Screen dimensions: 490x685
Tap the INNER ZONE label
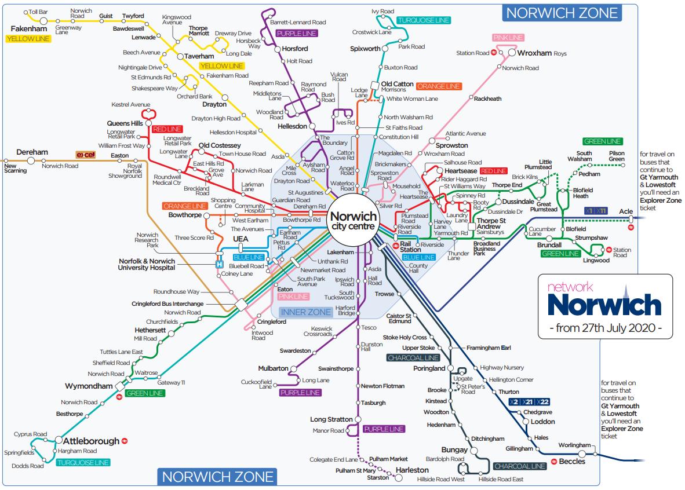point(306,312)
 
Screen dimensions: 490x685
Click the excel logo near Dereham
point(85,155)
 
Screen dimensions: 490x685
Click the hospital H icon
point(219,264)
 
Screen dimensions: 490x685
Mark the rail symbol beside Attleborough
point(125,441)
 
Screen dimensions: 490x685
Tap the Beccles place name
point(572,462)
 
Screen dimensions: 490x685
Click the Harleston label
point(412,470)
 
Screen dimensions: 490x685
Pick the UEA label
point(240,239)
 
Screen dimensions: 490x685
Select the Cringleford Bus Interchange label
point(168,304)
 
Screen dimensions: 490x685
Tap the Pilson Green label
point(617,156)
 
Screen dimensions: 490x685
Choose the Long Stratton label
point(331,419)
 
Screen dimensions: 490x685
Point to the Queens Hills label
point(125,123)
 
